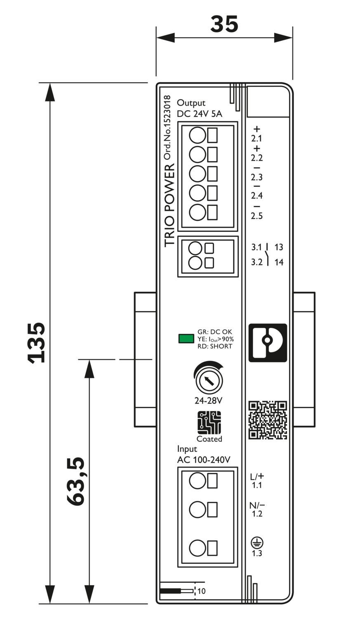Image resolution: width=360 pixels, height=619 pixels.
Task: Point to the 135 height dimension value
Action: point(36,342)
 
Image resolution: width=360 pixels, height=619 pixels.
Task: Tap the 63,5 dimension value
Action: point(76,481)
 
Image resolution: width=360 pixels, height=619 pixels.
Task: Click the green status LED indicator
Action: point(186,339)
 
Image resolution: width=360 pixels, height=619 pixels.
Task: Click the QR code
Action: point(268,420)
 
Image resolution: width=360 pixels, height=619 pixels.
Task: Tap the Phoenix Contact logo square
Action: point(268,343)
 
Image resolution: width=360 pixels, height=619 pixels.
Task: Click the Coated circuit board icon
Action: point(209,422)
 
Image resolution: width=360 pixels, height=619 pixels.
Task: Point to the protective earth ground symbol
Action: point(257,543)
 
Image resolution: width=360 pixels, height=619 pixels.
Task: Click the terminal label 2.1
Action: point(256,139)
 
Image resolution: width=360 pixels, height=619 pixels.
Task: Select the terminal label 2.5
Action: point(256,216)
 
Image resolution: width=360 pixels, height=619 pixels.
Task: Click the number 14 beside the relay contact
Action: point(279,262)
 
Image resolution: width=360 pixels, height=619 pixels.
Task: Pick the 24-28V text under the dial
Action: point(209,400)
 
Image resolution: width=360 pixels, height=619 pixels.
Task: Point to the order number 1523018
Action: point(167,128)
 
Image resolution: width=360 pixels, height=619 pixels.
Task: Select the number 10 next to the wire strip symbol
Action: point(201,591)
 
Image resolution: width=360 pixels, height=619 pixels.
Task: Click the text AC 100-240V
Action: point(203,460)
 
